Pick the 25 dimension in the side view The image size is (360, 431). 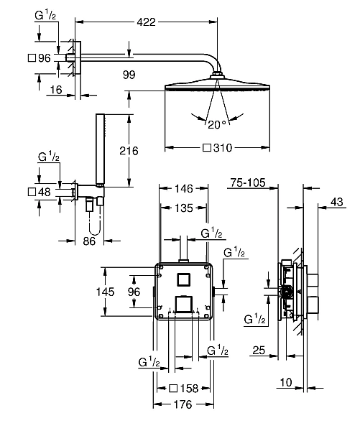[x=259, y=351]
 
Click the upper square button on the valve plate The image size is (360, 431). [x=183, y=278]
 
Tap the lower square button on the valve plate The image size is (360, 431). [x=183, y=302]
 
